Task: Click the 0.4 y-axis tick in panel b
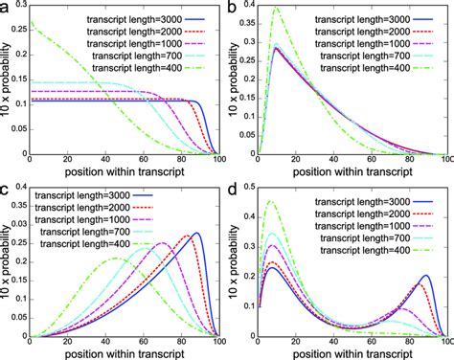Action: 245,9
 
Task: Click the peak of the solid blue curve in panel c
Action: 198,233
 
